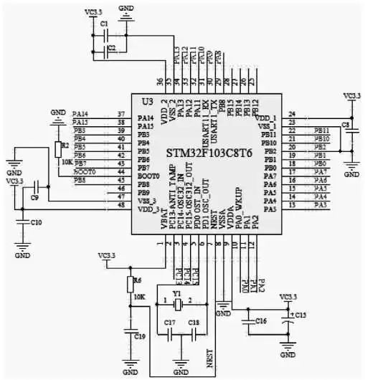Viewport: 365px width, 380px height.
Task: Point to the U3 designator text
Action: (x=148, y=101)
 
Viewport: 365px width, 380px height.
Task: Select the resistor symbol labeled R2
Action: (x=57, y=148)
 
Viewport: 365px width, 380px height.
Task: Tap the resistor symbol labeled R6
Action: (x=130, y=285)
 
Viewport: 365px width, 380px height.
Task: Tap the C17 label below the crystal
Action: (x=169, y=323)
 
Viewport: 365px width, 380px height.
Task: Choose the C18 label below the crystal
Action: (x=193, y=323)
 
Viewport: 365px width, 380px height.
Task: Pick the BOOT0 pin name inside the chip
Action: (x=148, y=176)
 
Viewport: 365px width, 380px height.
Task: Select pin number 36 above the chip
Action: (x=159, y=81)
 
